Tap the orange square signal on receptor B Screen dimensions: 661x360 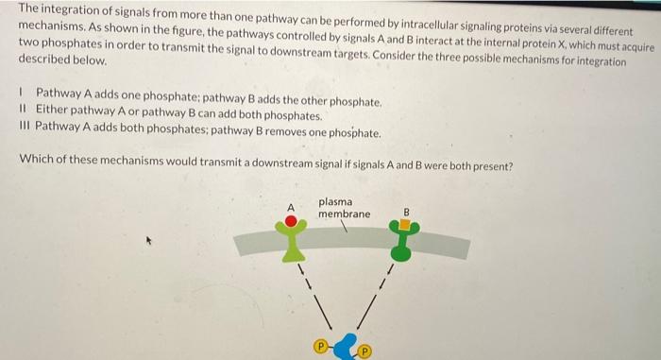pos(405,225)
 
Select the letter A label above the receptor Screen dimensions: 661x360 pos(292,206)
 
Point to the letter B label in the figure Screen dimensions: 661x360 pos(406,211)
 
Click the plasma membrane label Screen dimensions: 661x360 pos(344,208)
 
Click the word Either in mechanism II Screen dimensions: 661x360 pos(53,117)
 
